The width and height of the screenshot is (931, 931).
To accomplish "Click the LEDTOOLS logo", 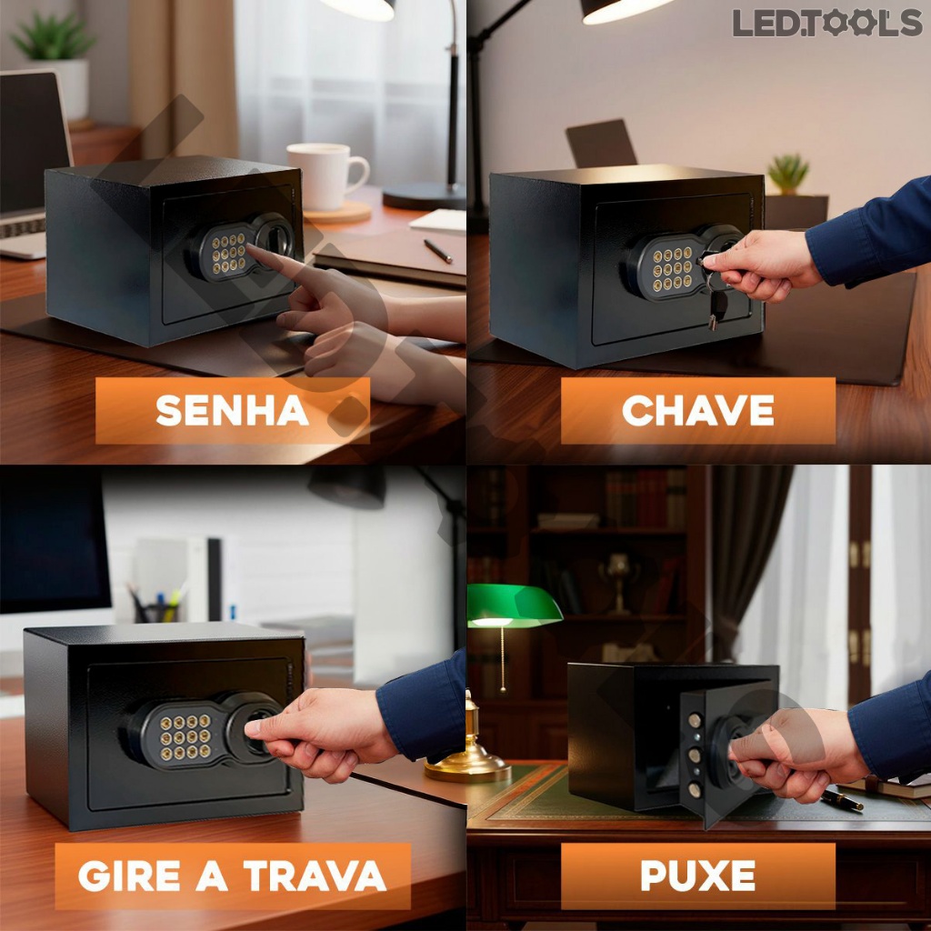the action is (827, 23).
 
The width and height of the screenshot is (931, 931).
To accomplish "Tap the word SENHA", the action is (232, 410).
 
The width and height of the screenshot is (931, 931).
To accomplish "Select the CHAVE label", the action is (697, 410).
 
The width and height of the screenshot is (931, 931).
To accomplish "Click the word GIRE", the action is (129, 876).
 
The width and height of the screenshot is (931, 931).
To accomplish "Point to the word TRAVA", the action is (315, 876).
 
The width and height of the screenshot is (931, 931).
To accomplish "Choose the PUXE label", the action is (697, 876).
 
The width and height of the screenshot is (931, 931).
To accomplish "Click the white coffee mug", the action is (326, 176).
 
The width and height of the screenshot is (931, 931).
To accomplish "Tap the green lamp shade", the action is (515, 606).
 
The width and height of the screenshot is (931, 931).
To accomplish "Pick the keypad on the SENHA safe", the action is (229, 253).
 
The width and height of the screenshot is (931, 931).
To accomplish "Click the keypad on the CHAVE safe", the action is (673, 269).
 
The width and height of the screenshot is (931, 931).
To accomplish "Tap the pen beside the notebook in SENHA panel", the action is (437, 251).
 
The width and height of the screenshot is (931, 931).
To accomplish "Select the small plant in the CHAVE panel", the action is (788, 174).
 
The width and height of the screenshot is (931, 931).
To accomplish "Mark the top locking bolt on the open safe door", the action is (695, 721).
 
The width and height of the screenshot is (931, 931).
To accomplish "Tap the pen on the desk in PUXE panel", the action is (842, 800).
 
